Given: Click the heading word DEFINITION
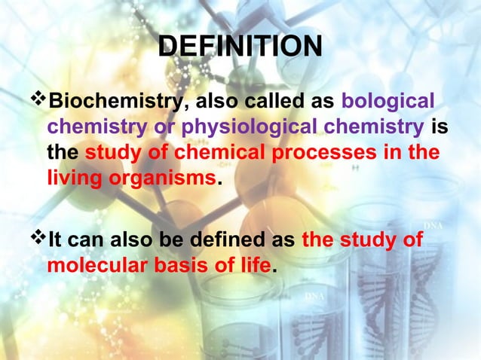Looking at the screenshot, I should pyautogui.click(x=240, y=47).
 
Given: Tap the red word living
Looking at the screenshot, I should pyautogui.click(x=72, y=180).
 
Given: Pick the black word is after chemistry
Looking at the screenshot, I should pyautogui.click(x=440, y=127).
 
